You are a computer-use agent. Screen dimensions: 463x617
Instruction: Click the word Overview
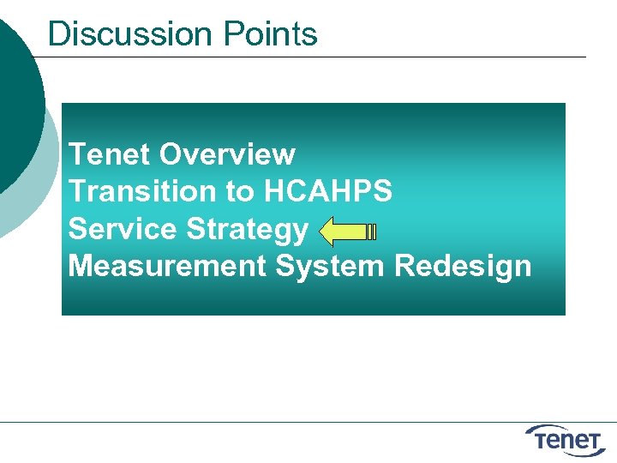tap(227, 154)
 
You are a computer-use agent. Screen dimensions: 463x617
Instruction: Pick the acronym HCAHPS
tap(328, 191)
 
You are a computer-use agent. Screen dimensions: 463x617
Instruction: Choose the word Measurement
tap(167, 267)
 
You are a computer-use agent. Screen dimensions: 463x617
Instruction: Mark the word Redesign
tap(463, 267)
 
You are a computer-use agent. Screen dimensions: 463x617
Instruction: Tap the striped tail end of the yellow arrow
tap(371, 231)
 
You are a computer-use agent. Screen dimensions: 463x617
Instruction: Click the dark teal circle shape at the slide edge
tap(17, 103)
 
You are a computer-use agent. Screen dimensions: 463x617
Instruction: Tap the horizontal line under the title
tap(308, 57)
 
